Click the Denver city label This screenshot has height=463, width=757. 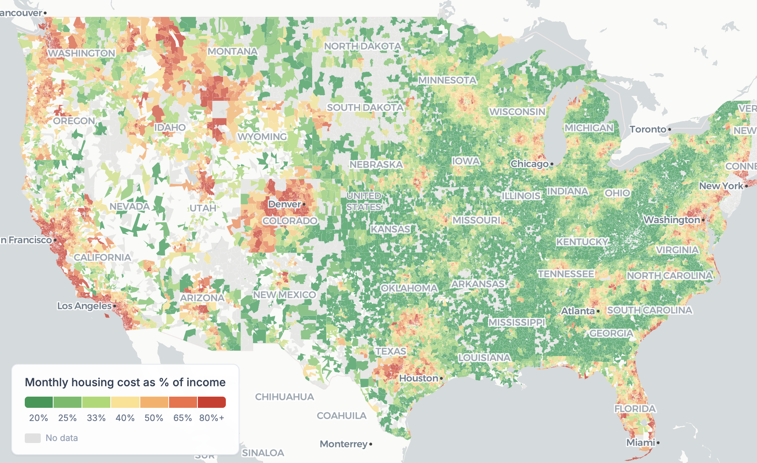pyautogui.click(x=284, y=204)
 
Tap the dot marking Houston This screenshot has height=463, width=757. pyautogui.click(x=441, y=378)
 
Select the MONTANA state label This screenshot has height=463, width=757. pyautogui.click(x=232, y=52)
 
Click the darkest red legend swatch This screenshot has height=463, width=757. pyautogui.click(x=211, y=402)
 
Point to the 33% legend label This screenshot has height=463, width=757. pyautogui.click(x=96, y=418)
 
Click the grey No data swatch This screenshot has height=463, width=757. pyautogui.click(x=33, y=438)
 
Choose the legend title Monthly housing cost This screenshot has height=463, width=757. pyautogui.click(x=125, y=382)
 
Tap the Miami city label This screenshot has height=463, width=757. pyautogui.click(x=640, y=443)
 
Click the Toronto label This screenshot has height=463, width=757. pyautogui.click(x=647, y=129)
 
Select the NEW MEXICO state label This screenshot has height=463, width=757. pyautogui.click(x=284, y=295)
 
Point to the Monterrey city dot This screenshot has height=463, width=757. pyautogui.click(x=371, y=444)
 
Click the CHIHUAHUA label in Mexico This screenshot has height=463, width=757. pyautogui.click(x=284, y=397)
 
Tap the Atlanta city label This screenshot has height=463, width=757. pyautogui.click(x=578, y=311)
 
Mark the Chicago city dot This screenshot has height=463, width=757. pyautogui.click(x=552, y=164)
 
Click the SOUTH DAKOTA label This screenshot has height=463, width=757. pyautogui.click(x=365, y=108)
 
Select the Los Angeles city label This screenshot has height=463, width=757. pyautogui.click(x=84, y=306)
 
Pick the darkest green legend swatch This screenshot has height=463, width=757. pyautogui.click(x=39, y=402)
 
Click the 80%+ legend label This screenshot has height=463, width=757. pyautogui.click(x=211, y=418)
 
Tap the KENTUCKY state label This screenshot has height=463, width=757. pyautogui.click(x=582, y=242)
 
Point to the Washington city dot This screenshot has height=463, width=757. pyautogui.click(x=703, y=220)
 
